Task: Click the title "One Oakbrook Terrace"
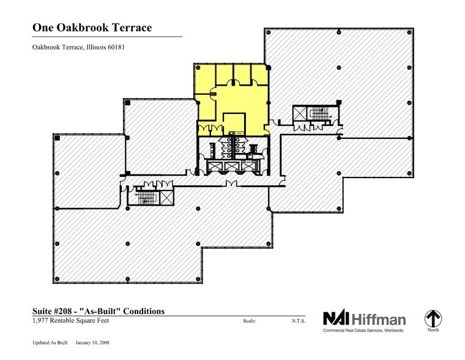coord(90,28)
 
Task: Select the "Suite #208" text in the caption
coord(51,311)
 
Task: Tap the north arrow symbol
coord(433,318)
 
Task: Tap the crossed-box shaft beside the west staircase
coord(166,197)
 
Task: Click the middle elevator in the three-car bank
coord(232,166)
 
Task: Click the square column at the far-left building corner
coord(56,140)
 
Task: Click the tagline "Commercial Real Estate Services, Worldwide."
coord(364,330)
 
